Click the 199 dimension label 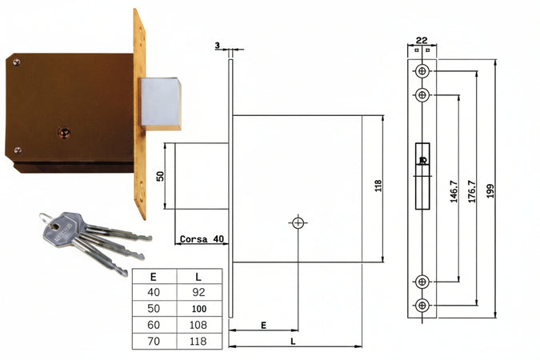490,191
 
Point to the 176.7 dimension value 471,191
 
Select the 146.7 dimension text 454,191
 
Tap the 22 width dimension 422,40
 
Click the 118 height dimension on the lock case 378,186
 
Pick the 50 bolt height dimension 160,176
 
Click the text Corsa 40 202,239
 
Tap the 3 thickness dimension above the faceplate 217,45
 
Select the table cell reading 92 198,292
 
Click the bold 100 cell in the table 199,309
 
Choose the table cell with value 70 154,341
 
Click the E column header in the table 154,277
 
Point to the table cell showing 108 198,325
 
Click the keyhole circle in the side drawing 298,223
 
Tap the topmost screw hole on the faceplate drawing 422,71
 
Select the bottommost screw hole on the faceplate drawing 422,306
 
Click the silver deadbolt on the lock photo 161,103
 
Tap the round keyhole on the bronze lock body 64,133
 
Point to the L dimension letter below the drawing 293,342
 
